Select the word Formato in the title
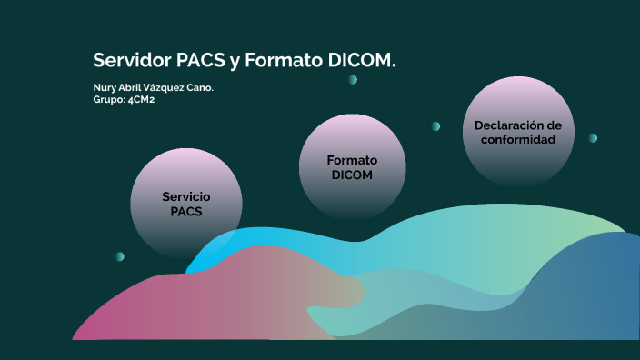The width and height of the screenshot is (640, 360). click(x=282, y=61)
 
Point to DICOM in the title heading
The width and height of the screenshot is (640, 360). click(x=362, y=61)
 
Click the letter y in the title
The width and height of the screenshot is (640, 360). click(x=235, y=63)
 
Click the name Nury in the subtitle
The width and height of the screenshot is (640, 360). click(x=104, y=87)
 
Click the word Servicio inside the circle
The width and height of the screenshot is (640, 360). click(x=186, y=196)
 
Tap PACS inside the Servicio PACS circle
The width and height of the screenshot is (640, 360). click(x=186, y=211)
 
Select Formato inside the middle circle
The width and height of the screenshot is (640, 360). click(x=352, y=160)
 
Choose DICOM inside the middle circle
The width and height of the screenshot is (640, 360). click(x=352, y=175)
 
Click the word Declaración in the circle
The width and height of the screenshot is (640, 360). click(x=518, y=125)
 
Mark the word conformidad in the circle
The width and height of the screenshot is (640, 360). click(x=518, y=139)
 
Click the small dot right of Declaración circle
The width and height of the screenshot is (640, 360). click(x=593, y=138)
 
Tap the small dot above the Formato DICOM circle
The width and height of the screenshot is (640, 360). click(x=353, y=80)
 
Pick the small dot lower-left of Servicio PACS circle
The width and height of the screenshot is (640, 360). click(x=120, y=256)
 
